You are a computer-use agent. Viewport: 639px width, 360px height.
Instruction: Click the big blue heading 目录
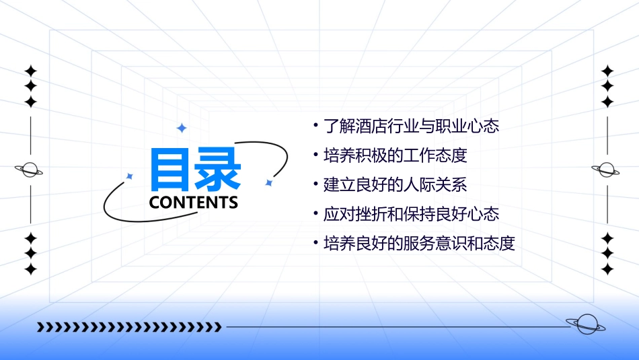tap(195, 170)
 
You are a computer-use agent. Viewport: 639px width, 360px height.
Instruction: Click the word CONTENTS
tap(194, 203)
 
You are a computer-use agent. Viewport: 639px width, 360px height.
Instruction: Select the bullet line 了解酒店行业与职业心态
tap(411, 126)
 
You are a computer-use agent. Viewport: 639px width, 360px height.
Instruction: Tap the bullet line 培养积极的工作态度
tap(395, 155)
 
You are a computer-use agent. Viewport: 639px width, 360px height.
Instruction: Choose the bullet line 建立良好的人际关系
tap(395, 185)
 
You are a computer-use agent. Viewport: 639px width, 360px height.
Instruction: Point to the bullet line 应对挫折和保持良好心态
tap(411, 215)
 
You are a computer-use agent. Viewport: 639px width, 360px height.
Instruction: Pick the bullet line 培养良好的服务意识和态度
tap(419, 244)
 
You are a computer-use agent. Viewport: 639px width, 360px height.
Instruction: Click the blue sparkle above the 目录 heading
tap(181, 128)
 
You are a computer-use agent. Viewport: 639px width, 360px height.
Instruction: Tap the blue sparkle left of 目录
tap(130, 176)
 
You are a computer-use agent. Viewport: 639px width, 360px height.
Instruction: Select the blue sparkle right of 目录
tap(268, 182)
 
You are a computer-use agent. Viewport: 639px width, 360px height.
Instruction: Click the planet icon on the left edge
tap(30, 170)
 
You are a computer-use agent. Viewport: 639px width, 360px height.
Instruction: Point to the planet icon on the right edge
tap(607, 170)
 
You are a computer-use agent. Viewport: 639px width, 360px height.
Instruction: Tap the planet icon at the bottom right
tap(586, 325)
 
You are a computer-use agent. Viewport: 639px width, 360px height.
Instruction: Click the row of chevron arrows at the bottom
tap(129, 328)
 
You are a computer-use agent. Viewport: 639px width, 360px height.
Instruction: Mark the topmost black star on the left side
tap(30, 71)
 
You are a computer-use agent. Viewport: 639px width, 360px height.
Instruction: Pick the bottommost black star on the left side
tap(30, 269)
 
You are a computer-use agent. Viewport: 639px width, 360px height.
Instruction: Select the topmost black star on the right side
tap(607, 71)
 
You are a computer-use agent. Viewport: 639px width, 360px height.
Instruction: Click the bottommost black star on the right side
tap(607, 269)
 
